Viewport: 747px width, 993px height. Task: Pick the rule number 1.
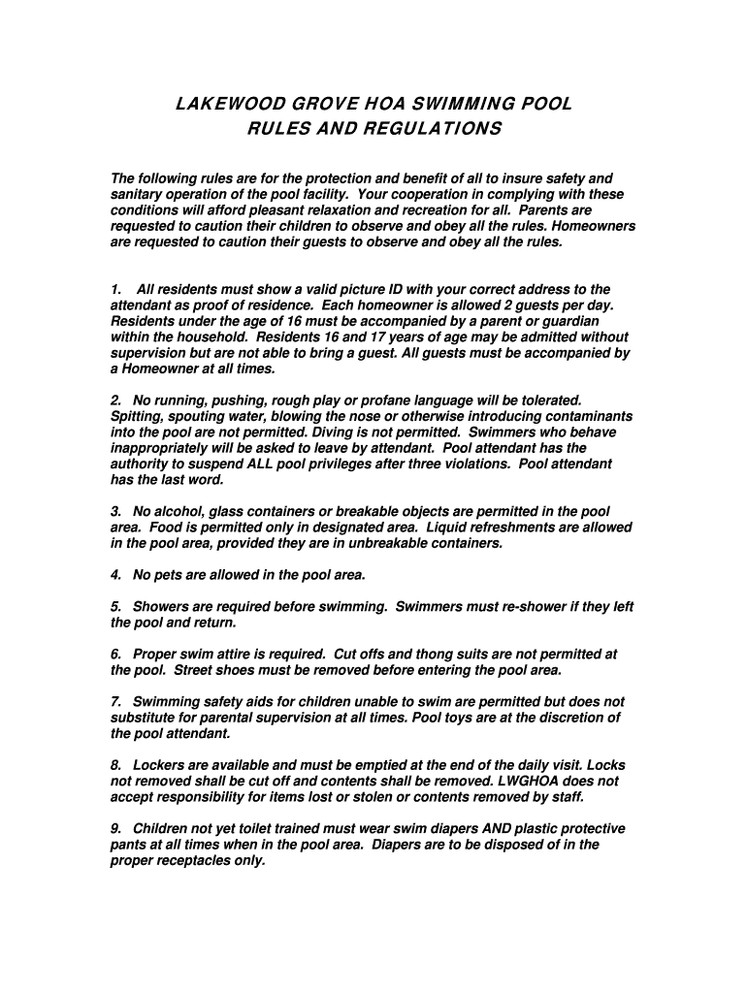(116, 290)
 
